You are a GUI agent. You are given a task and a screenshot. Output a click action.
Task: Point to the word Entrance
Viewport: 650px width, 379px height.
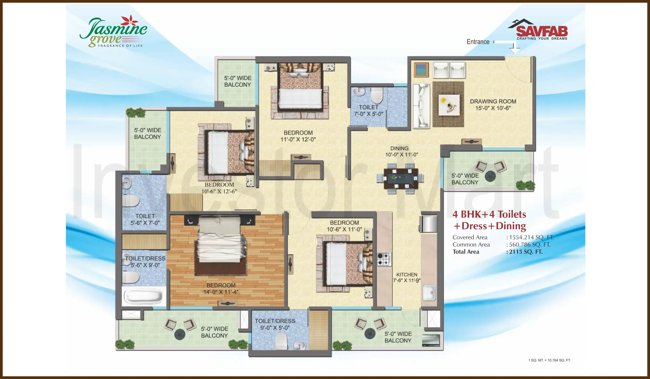click(478, 42)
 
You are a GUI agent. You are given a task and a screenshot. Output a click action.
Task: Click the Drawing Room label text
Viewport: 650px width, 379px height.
click(493, 104)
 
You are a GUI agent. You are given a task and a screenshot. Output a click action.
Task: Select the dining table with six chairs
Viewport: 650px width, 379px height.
click(400, 178)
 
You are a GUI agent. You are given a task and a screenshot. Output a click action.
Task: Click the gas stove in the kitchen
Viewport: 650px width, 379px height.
click(384, 259)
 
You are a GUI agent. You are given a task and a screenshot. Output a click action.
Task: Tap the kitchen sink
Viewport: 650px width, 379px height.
click(429, 293)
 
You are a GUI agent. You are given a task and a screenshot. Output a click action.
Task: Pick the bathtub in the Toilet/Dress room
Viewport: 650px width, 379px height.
click(144, 296)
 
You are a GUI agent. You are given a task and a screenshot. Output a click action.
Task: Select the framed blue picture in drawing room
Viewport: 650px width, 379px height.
click(421, 70)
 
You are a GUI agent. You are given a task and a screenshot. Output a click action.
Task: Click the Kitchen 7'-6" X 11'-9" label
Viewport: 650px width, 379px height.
click(407, 277)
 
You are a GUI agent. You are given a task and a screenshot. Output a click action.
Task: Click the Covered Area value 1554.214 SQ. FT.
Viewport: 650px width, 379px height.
click(531, 237)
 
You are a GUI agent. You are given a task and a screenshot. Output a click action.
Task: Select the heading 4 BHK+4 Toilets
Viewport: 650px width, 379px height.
click(489, 214)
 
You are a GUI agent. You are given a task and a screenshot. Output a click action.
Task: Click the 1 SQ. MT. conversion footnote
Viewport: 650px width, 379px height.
click(549, 360)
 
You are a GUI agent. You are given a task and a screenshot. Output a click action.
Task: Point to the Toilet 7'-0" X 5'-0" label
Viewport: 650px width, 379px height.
click(368, 110)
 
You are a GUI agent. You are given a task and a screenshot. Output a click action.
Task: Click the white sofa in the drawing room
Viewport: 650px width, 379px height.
click(421, 106)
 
